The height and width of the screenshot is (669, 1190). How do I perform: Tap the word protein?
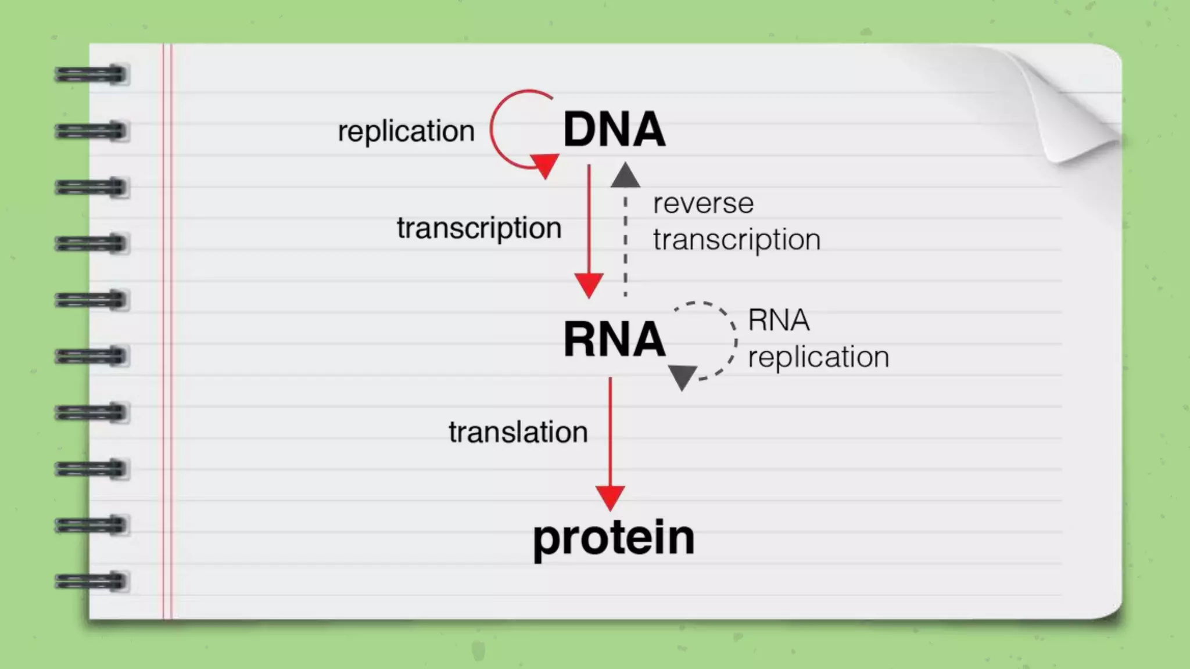pyautogui.click(x=614, y=538)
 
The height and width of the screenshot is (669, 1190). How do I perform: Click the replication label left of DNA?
pyautogui.click(x=406, y=131)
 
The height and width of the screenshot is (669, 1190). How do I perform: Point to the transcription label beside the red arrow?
pyautogui.click(x=479, y=228)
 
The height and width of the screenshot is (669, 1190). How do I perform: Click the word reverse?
pyautogui.click(x=703, y=203)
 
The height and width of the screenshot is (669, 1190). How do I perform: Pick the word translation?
pyautogui.click(x=518, y=433)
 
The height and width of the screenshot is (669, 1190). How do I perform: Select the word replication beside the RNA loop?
pyautogui.click(x=818, y=357)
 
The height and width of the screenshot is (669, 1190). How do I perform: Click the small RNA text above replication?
pyautogui.click(x=779, y=320)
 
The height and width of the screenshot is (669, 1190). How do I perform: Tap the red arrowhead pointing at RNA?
pyautogui.click(x=589, y=285)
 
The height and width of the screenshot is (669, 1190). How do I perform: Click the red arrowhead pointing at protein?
pyautogui.click(x=610, y=497)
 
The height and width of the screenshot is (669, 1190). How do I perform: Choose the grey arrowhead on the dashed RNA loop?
pyautogui.click(x=682, y=376)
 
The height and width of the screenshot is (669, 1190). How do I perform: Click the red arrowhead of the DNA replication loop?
pyautogui.click(x=545, y=164)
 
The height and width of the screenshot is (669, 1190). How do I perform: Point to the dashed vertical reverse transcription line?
pyautogui.click(x=625, y=244)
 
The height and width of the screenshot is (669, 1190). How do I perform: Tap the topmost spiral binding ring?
pyautogui.click(x=91, y=75)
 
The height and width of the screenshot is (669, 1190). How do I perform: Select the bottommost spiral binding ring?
pyautogui.click(x=91, y=581)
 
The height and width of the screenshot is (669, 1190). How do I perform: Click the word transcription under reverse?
pyautogui.click(x=736, y=240)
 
